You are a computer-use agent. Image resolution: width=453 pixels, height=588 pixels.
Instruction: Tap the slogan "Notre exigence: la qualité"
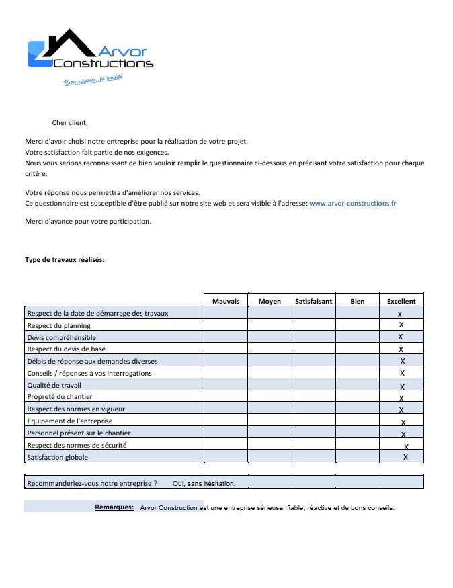[93, 80]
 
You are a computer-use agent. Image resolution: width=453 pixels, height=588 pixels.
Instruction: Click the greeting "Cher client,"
[70, 122]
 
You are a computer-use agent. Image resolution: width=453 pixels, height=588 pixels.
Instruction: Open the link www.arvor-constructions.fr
[352, 202]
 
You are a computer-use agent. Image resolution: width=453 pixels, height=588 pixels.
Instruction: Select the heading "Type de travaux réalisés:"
[65, 259]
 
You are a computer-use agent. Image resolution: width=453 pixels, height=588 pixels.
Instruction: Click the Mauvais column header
[226, 301]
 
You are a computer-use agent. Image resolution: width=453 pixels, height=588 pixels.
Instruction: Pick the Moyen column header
[270, 301]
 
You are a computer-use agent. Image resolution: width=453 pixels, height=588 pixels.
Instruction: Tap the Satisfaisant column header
[313, 301]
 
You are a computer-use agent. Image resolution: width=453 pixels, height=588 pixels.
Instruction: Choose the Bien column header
[358, 301]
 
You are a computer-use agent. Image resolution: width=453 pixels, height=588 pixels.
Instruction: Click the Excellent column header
[401, 301]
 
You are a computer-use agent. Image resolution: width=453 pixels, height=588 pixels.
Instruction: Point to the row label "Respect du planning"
[58, 325]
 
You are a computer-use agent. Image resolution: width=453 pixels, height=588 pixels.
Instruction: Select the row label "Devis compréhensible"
[61, 337]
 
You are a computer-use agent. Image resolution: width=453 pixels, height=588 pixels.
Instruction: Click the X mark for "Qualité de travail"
[402, 386]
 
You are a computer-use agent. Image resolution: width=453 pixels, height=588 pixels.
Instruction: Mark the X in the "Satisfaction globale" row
[405, 457]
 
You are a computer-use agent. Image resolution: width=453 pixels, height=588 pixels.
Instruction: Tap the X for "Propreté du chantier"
[401, 398]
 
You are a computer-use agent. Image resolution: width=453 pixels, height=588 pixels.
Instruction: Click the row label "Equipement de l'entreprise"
[70, 421]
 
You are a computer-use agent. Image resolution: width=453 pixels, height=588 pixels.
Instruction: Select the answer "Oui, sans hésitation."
[204, 483]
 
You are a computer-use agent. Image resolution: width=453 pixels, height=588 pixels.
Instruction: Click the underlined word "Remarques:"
[114, 507]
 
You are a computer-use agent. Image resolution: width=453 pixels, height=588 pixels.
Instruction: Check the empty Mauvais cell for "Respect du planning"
[226, 325]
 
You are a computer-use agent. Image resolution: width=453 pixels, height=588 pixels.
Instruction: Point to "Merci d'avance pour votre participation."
[88, 221]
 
